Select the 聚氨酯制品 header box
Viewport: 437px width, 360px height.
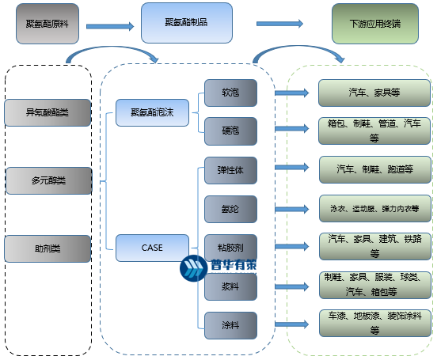[x=186, y=23]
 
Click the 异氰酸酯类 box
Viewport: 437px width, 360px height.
[x=47, y=112]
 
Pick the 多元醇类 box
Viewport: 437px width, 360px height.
[x=47, y=180]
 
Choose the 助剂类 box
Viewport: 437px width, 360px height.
[x=47, y=248]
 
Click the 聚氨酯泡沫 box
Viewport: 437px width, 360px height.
[x=153, y=112]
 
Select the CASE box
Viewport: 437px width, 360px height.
[x=153, y=248]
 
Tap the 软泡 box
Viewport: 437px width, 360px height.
[x=230, y=93]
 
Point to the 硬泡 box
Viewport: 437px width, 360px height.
[x=230, y=131]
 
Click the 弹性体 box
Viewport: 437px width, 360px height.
[x=230, y=170]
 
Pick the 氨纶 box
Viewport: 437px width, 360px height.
[x=230, y=209]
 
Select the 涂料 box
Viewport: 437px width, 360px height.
[x=230, y=324]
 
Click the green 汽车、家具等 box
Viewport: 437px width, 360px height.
[x=374, y=93]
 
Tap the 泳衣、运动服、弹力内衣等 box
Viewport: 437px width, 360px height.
[x=374, y=209]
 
